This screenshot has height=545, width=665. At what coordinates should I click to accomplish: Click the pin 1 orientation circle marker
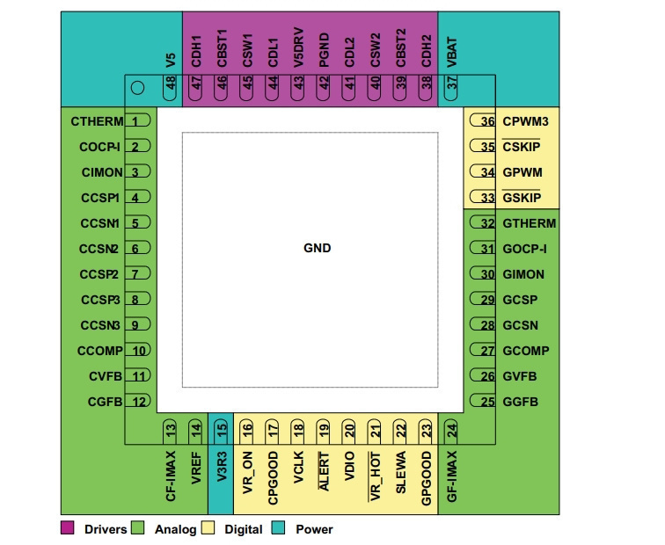138,88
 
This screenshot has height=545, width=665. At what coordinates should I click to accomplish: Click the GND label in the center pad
318,248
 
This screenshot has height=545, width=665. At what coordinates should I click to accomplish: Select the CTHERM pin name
97,121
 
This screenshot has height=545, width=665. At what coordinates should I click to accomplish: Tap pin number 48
171,83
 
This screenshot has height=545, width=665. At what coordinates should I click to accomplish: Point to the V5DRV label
298,47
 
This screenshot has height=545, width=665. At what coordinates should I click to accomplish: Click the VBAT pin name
452,53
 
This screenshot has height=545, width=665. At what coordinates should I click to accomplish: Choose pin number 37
452,83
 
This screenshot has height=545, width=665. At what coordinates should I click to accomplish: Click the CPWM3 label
525,121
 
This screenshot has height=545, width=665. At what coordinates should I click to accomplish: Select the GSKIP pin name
522,198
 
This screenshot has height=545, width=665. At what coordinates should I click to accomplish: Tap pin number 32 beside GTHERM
487,224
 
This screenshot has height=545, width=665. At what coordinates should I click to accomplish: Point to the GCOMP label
526,351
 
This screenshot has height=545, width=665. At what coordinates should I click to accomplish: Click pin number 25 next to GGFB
487,402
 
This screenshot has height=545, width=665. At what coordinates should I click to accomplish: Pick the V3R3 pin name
222,467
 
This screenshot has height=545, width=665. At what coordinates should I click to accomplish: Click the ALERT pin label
324,471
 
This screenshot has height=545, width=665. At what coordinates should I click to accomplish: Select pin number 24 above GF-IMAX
452,431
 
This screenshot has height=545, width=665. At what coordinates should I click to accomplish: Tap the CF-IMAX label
171,476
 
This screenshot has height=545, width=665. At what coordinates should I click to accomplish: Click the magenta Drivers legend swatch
67,528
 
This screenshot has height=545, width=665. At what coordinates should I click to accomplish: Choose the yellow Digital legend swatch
208,528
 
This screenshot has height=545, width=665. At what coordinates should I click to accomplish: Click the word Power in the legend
314,529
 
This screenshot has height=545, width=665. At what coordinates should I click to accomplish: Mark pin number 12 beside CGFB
139,402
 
